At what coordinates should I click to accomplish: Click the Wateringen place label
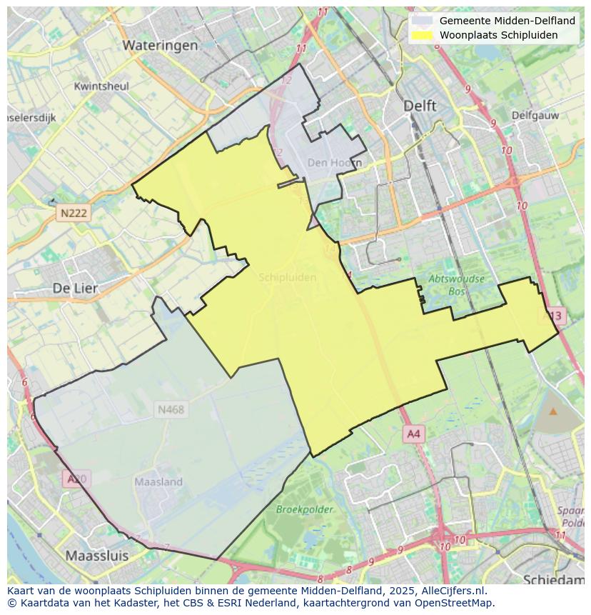pyautogui.click(x=160, y=45)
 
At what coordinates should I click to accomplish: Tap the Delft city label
pyautogui.click(x=420, y=105)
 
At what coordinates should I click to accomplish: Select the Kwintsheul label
pyautogui.click(x=101, y=86)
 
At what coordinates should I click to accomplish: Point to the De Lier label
pyautogui.click(x=75, y=288)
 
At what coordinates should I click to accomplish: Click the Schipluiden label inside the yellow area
pyautogui.click(x=288, y=277)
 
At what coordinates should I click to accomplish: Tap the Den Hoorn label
pyautogui.click(x=334, y=163)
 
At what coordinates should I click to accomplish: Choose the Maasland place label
pyautogui.click(x=158, y=482)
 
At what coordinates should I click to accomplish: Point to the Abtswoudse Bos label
pyautogui.click(x=457, y=285)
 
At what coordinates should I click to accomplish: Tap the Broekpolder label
pyautogui.click(x=305, y=509)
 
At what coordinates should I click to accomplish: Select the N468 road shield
pyautogui.click(x=171, y=409)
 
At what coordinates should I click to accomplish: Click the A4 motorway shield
pyautogui.click(x=413, y=434)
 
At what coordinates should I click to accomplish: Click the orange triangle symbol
pyautogui.click(x=553, y=411)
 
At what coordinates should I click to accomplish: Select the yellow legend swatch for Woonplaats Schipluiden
pyautogui.click(x=423, y=35)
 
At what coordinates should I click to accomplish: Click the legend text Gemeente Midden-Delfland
pyautogui.click(x=507, y=21)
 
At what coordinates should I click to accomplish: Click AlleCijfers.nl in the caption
pyautogui.click(x=452, y=591)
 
